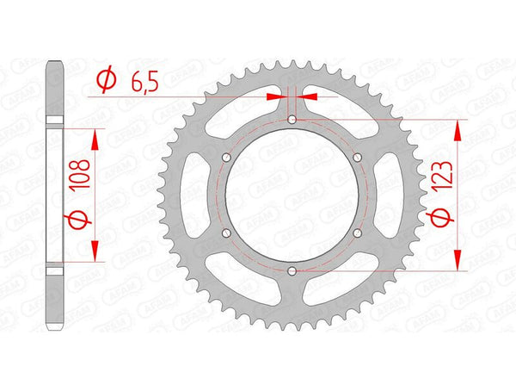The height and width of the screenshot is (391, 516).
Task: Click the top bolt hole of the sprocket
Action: tap(292, 119)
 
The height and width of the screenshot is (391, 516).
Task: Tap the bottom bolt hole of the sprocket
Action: tap(292, 271)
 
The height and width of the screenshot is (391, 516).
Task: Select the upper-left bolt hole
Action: tap(225, 157)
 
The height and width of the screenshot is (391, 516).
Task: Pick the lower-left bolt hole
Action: tap(225, 233)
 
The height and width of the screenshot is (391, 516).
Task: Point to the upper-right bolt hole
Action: tap(358, 157)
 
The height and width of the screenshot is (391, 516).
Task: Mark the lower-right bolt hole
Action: tap(358, 233)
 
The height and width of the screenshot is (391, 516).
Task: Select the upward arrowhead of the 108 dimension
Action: tap(94, 138)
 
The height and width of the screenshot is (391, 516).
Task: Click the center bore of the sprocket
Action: tap(292, 195)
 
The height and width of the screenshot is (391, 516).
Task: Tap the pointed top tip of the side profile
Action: tap(54, 62)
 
